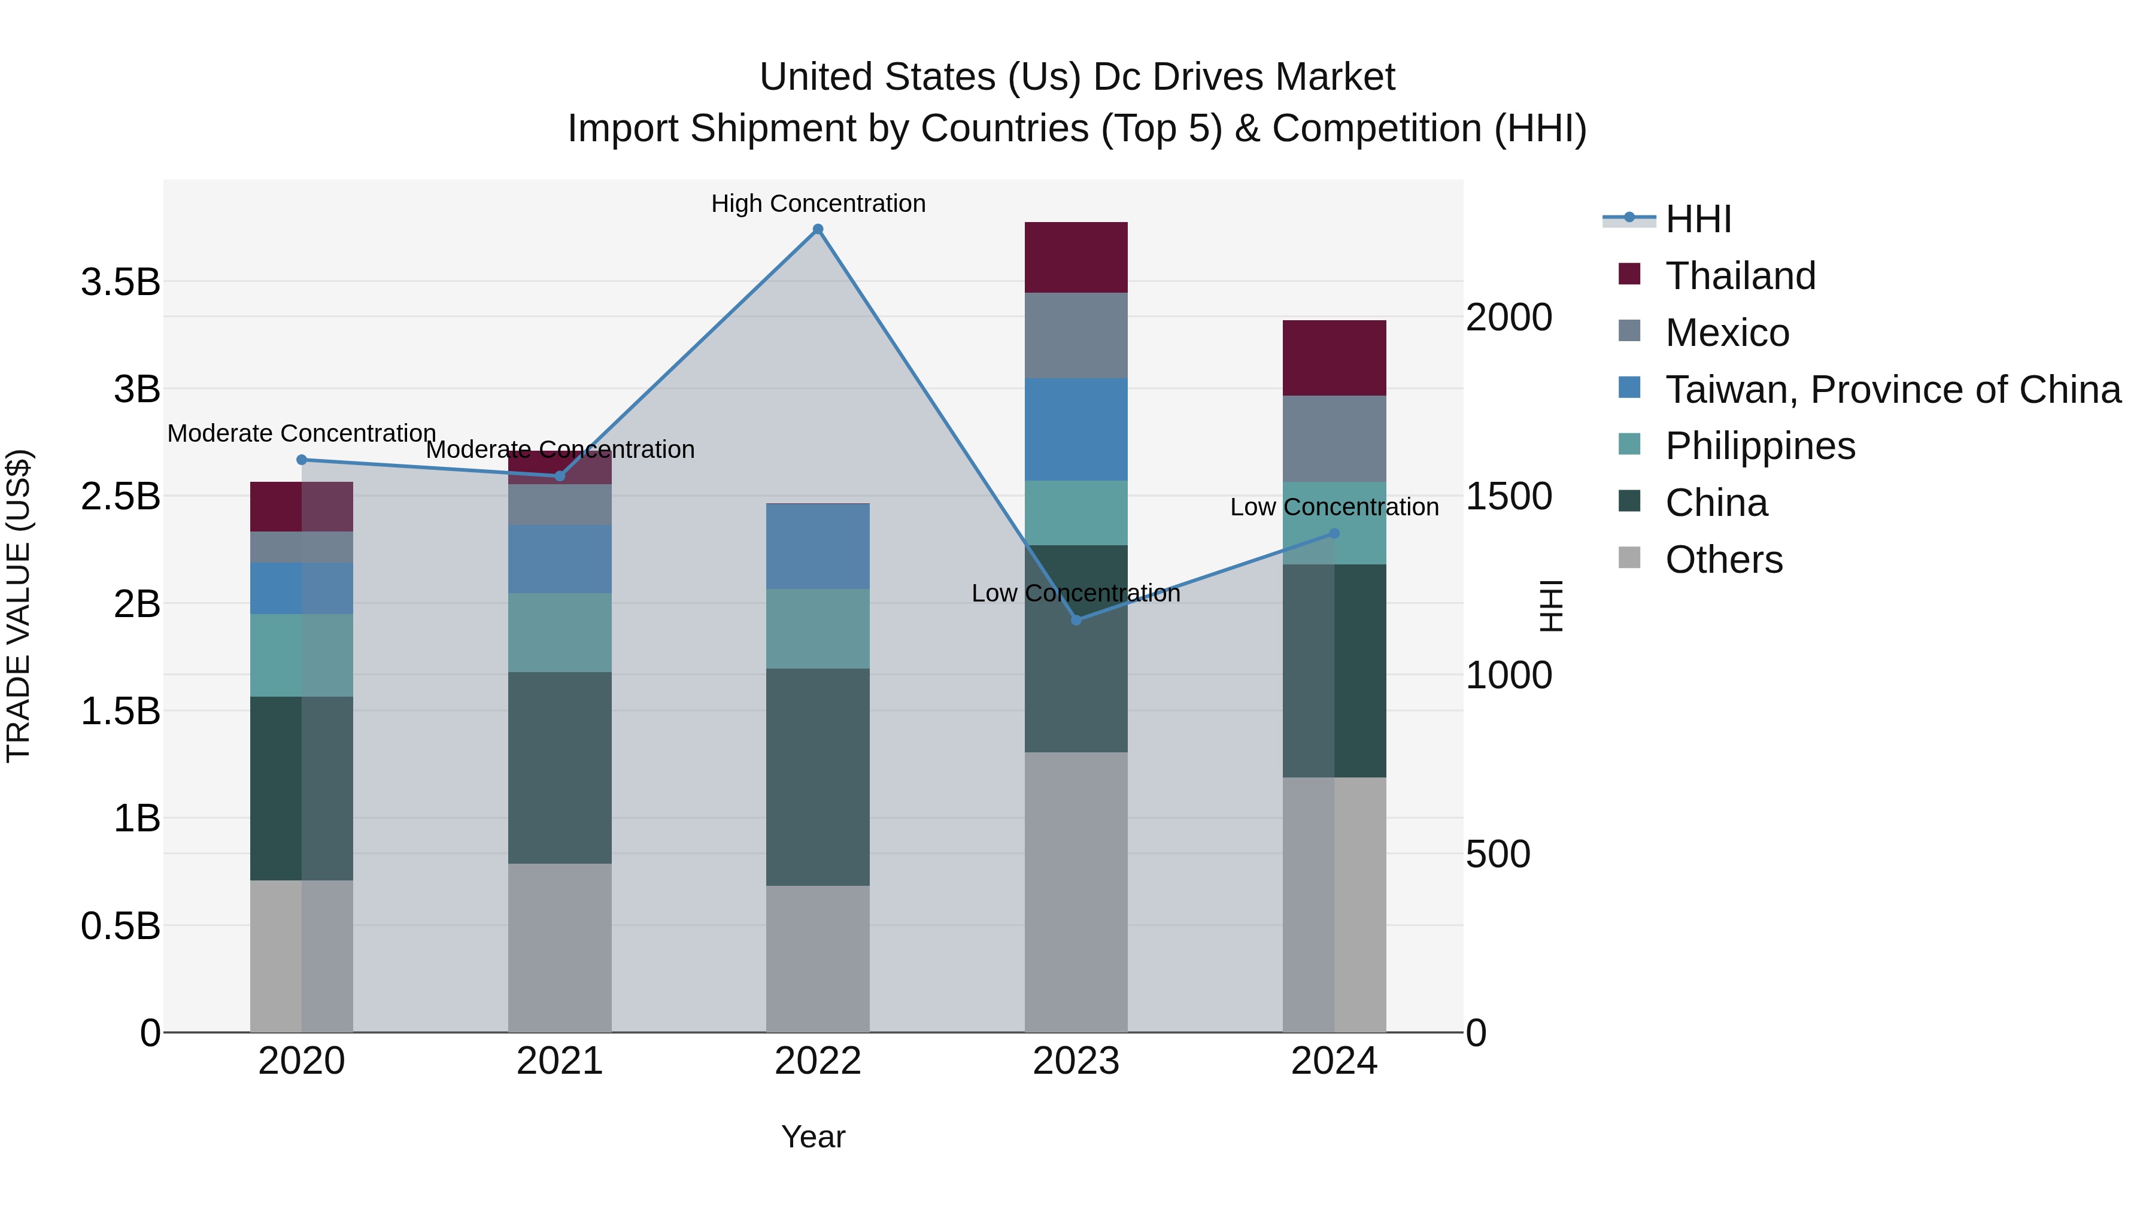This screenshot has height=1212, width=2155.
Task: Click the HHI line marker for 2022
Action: [x=818, y=229]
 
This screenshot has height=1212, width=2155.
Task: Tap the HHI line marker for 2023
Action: [x=1076, y=620]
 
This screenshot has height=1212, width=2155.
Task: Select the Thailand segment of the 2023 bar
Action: [x=1076, y=257]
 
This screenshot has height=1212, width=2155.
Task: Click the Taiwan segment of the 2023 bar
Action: [x=1076, y=429]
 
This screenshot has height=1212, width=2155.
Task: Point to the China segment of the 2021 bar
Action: [x=560, y=767]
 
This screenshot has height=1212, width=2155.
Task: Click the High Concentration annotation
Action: [x=818, y=204]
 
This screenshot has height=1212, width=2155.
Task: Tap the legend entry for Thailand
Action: [x=1740, y=276]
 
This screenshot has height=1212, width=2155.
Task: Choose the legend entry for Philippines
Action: [x=1759, y=446]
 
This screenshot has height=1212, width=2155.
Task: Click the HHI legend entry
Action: [x=1698, y=219]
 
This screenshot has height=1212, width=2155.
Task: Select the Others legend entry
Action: [x=1723, y=560]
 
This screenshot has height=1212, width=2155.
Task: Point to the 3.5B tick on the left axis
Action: [x=120, y=282]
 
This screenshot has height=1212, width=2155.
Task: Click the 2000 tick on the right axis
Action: [x=1508, y=317]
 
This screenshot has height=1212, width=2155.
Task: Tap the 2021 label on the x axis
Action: [x=560, y=1061]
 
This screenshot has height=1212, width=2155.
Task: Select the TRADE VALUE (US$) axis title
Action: [x=19, y=606]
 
